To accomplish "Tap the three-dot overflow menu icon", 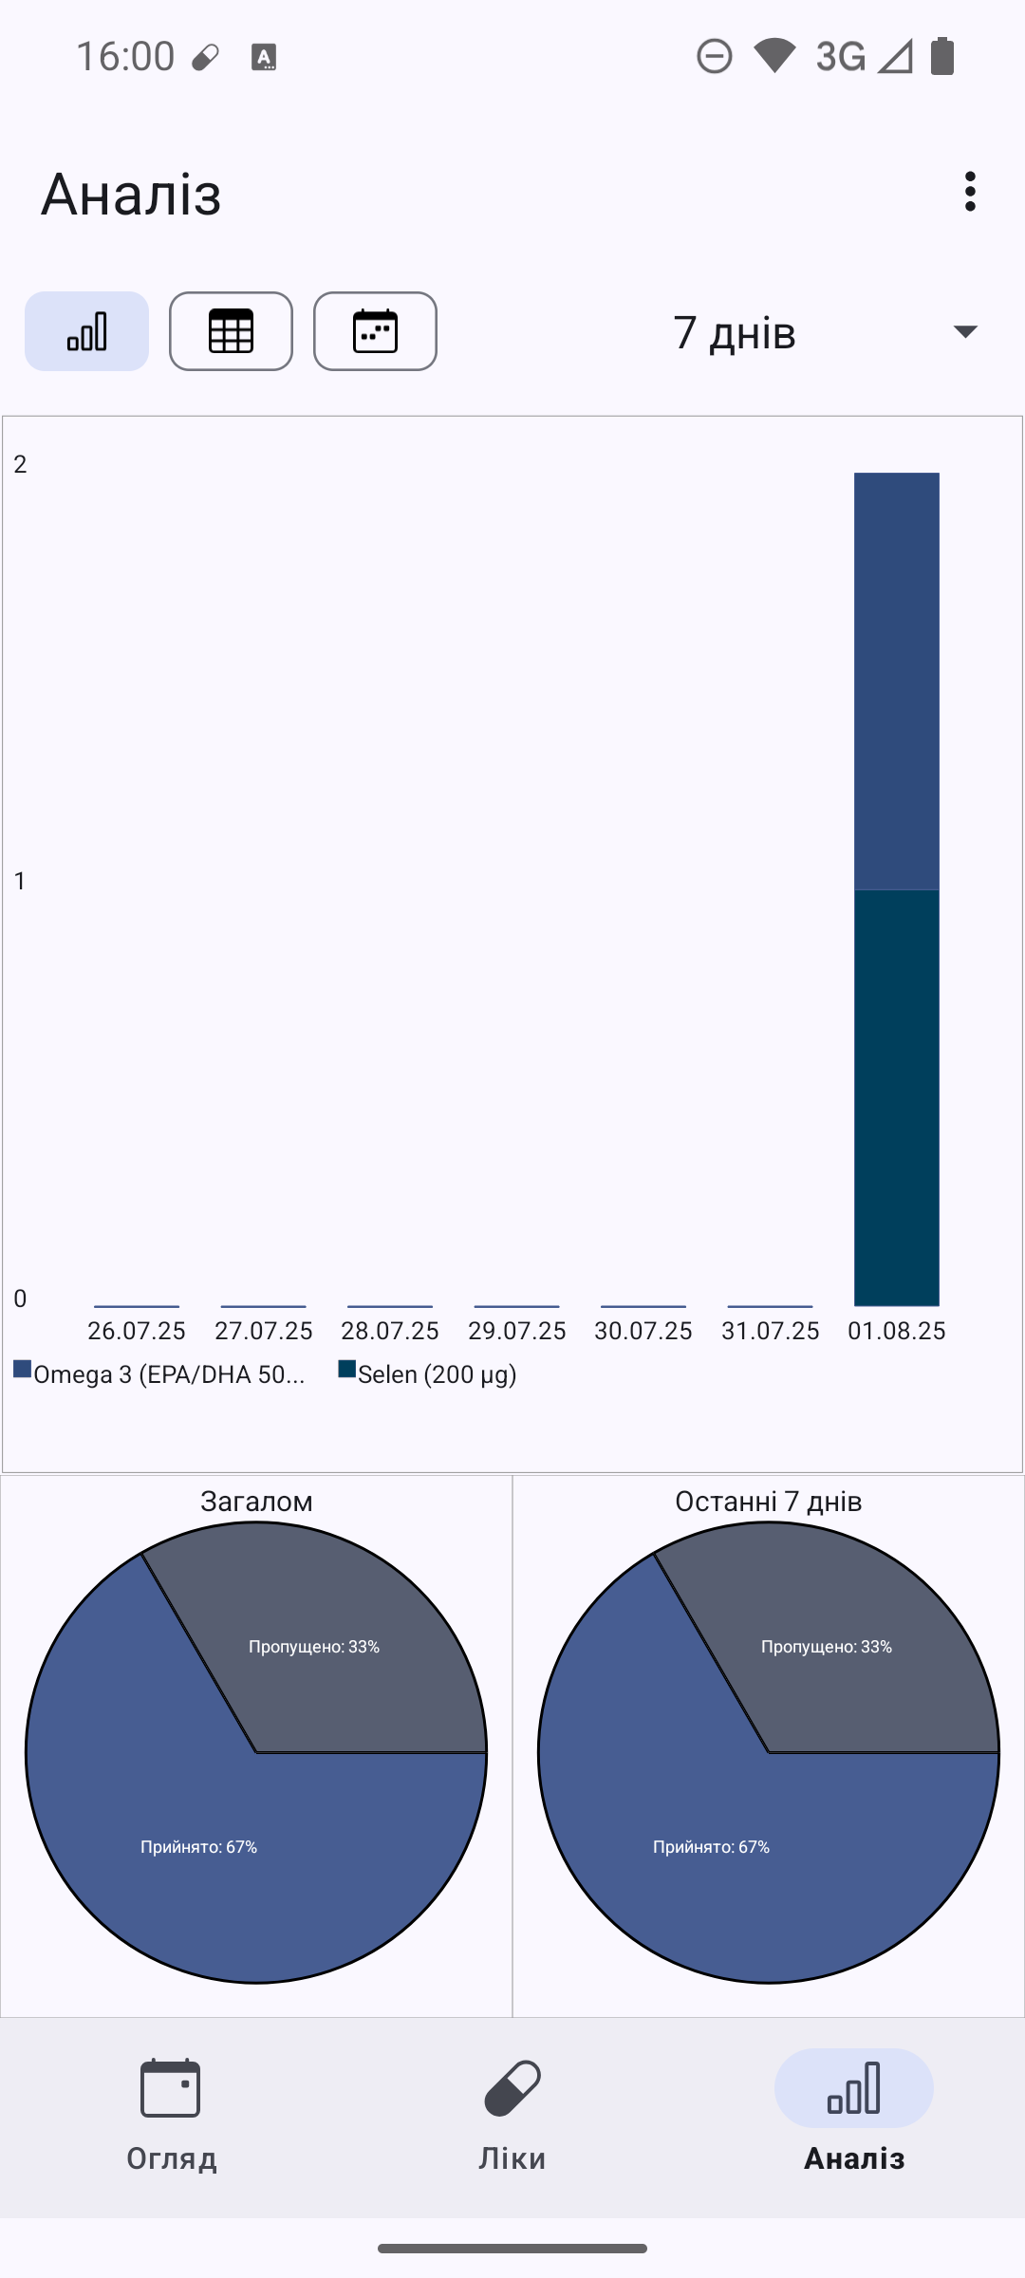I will [969, 192].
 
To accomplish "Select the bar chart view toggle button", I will [86, 331].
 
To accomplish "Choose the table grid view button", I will [231, 331].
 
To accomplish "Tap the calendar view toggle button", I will [375, 331].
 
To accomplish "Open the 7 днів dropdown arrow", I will [965, 331].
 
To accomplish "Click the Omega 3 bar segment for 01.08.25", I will [896, 681].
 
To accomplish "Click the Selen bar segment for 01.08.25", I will [896, 1097].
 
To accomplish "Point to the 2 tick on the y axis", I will [20, 464].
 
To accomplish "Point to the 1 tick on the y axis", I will [20, 881].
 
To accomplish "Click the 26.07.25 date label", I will [137, 1331].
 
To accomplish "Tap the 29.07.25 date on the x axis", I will [516, 1331].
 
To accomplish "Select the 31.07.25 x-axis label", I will [770, 1331].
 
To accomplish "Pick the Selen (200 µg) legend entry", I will [428, 1374].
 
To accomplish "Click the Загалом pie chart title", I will [256, 1502].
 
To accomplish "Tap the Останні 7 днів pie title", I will [769, 1502].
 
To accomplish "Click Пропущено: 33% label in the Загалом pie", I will [314, 1647].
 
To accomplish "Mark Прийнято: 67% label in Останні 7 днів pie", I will [711, 1847].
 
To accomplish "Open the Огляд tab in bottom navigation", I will [171, 2115].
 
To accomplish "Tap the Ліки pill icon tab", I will [512, 2115].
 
